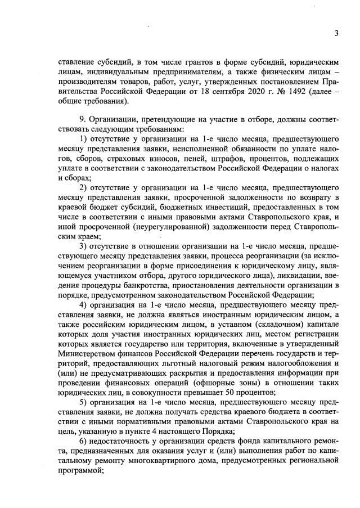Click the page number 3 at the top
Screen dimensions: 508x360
[x=336, y=34]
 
